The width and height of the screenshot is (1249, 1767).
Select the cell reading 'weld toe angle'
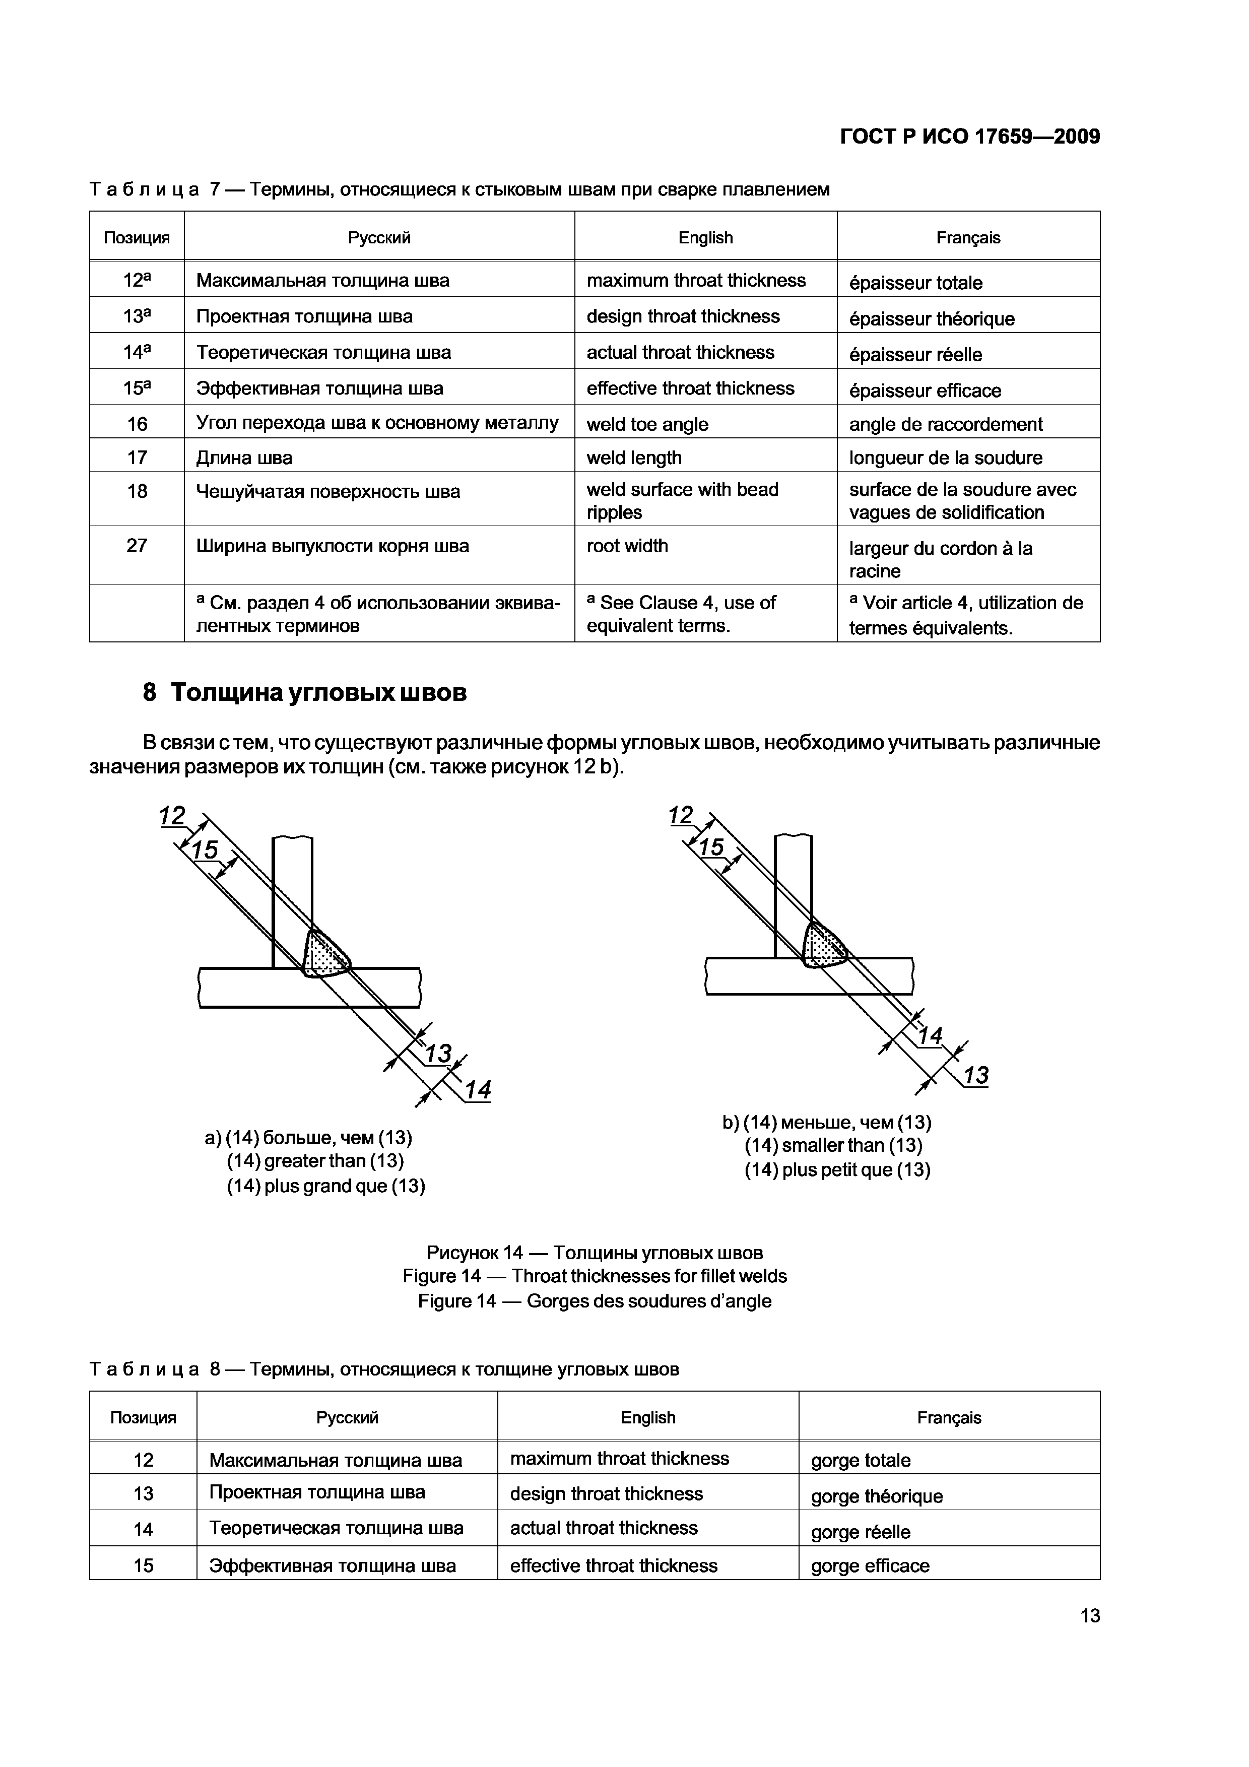[x=647, y=424]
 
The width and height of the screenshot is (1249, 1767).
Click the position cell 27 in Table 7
[x=137, y=546]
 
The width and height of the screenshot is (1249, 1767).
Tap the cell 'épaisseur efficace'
[x=925, y=391]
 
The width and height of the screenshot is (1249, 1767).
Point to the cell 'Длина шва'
[x=245, y=458]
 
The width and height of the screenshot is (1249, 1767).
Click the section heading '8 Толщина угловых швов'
[x=305, y=693]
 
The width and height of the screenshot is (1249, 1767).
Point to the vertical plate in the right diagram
[x=793, y=893]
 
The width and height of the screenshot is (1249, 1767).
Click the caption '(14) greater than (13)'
[x=315, y=1160]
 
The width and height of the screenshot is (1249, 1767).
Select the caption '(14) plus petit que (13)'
[x=837, y=1170]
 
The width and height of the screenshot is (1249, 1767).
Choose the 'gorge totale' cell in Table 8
[x=861, y=1461]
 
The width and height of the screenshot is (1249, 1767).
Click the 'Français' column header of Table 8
[x=949, y=1418]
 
